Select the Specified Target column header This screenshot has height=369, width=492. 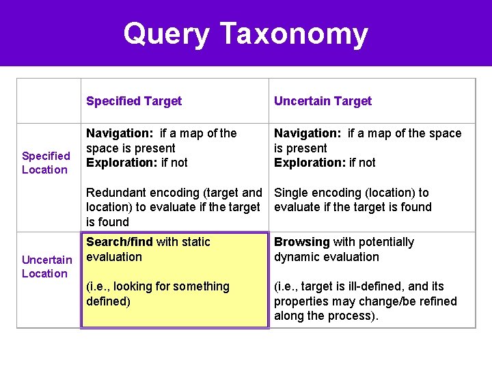pos(134,101)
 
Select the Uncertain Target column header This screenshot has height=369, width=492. pos(323,101)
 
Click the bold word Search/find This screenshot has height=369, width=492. pos(120,242)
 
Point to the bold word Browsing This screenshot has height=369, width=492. pos(301,242)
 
